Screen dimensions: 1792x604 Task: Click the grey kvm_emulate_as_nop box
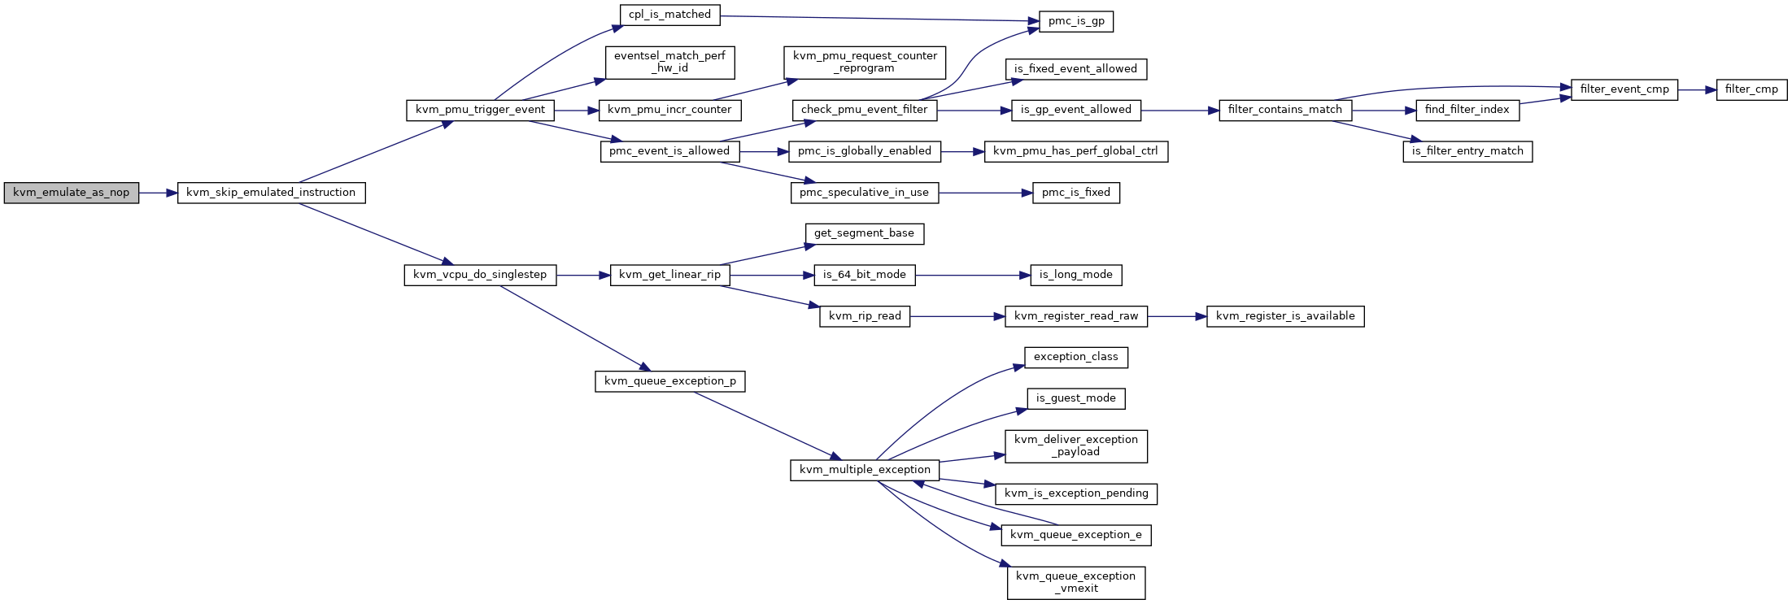click(72, 193)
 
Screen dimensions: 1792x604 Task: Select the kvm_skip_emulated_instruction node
click(271, 193)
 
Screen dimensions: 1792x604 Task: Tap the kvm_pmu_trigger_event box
click(480, 111)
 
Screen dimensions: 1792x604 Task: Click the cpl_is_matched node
click(669, 15)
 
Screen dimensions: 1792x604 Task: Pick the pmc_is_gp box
click(1076, 21)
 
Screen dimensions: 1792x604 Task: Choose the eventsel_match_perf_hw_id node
click(669, 63)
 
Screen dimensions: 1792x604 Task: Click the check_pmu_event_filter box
click(864, 111)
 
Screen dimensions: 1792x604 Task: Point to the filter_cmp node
click(1751, 89)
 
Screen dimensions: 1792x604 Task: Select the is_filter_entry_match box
click(1467, 151)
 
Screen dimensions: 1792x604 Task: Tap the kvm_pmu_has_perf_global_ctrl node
click(1076, 151)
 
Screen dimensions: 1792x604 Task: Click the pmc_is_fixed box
click(1076, 193)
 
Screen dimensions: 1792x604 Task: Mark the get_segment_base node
click(864, 234)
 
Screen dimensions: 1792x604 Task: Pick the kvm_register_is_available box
click(1285, 316)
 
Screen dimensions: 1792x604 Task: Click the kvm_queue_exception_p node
click(669, 381)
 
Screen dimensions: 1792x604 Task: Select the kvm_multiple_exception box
click(865, 470)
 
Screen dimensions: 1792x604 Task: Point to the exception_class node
click(1076, 358)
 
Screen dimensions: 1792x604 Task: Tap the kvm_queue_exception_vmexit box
click(1076, 583)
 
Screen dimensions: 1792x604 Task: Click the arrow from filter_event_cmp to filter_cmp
click(1697, 89)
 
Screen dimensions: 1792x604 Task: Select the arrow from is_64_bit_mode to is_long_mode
click(973, 276)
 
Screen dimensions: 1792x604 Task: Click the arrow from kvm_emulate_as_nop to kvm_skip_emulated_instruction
click(159, 193)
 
